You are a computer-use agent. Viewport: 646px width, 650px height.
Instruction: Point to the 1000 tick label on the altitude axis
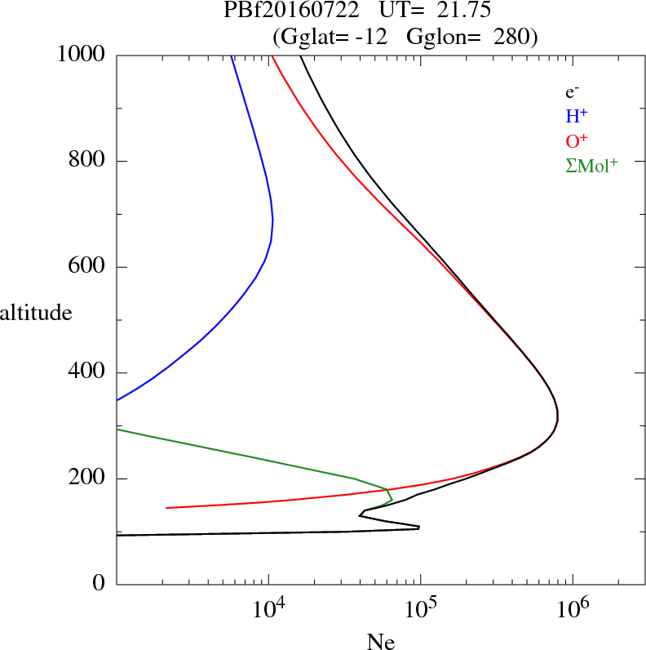pyautogui.click(x=82, y=55)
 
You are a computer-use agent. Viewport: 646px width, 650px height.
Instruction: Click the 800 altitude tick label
pyautogui.click(x=88, y=161)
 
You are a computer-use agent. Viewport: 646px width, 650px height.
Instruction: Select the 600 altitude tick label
pyautogui.click(x=88, y=267)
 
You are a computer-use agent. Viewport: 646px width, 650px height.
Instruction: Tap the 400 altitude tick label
pyautogui.click(x=88, y=373)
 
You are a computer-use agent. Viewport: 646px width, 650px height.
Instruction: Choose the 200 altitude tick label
pyautogui.click(x=88, y=479)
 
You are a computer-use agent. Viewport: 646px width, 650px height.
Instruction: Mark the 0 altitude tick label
pyautogui.click(x=100, y=585)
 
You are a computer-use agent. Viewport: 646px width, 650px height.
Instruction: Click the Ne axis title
pyautogui.click(x=380, y=642)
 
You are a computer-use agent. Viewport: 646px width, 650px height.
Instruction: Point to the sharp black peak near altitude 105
pyautogui.click(x=418, y=528)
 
